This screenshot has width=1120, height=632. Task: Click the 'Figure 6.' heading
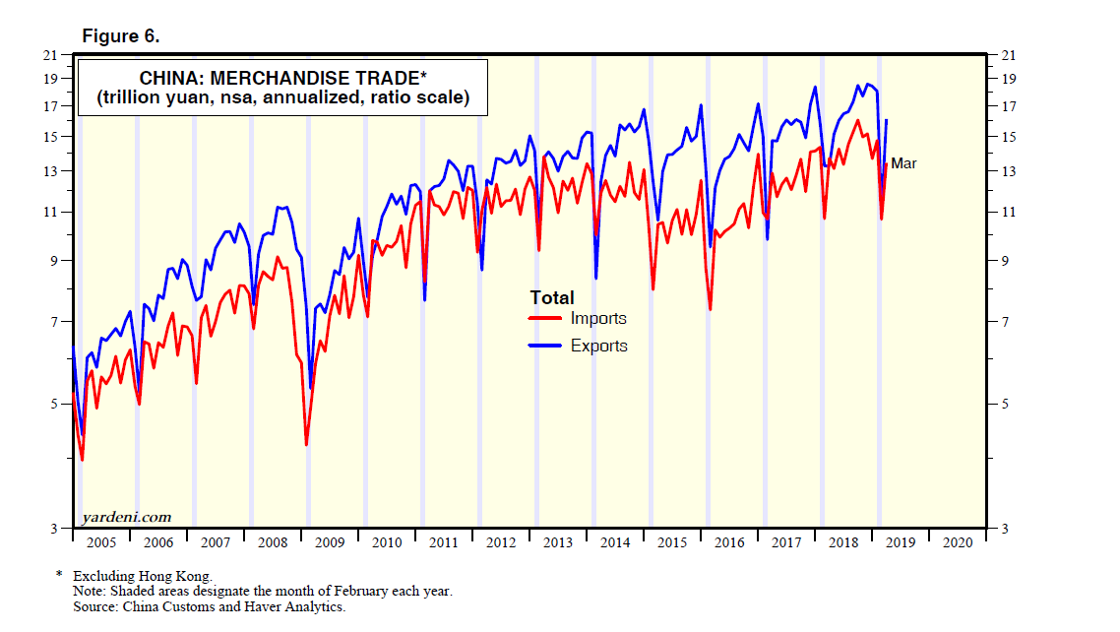[x=121, y=36]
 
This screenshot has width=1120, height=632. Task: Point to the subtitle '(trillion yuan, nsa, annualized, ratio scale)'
[x=282, y=98]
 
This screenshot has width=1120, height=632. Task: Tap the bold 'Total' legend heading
[x=552, y=297]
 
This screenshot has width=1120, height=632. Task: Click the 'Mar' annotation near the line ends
[x=903, y=163]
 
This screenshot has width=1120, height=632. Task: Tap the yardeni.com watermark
[x=126, y=517]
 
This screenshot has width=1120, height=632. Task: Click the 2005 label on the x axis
[x=102, y=541]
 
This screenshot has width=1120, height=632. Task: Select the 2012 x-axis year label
[x=500, y=541]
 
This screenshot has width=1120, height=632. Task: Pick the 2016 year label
[x=728, y=541]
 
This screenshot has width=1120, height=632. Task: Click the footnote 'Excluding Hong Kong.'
[x=142, y=576]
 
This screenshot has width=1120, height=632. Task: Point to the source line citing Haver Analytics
[x=209, y=607]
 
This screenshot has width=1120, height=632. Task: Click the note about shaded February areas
[x=262, y=592]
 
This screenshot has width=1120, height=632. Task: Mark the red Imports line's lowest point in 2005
[x=82, y=459]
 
